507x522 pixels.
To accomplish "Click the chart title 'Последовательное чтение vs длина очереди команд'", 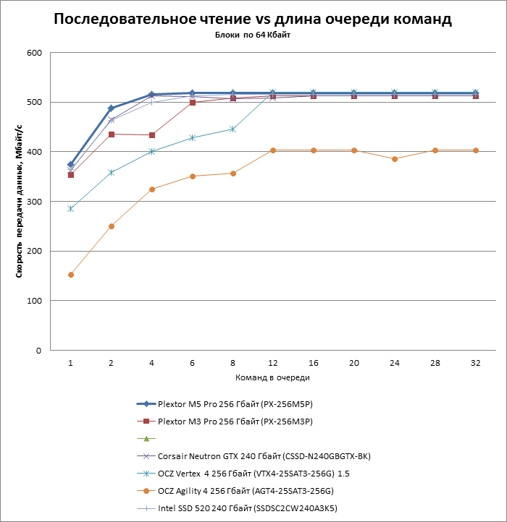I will [x=253, y=20].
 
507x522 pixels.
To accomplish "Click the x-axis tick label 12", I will [x=273, y=363].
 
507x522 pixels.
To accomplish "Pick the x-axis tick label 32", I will [x=475, y=363].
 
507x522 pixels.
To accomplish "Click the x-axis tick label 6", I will [x=192, y=363].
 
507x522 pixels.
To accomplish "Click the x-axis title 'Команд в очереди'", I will [x=272, y=378].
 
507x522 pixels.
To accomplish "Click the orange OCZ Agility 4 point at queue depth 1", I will [x=71, y=275].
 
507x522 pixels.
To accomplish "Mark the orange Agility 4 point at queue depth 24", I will [x=395, y=159].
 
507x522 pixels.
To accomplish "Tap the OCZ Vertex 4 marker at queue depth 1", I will [x=71, y=208].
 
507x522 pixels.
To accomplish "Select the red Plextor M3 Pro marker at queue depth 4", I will [x=151, y=135].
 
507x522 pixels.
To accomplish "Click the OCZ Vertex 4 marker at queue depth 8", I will [x=232, y=129].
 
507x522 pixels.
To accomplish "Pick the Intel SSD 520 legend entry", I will [x=246, y=508].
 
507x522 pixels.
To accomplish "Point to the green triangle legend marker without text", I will [x=146, y=438].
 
